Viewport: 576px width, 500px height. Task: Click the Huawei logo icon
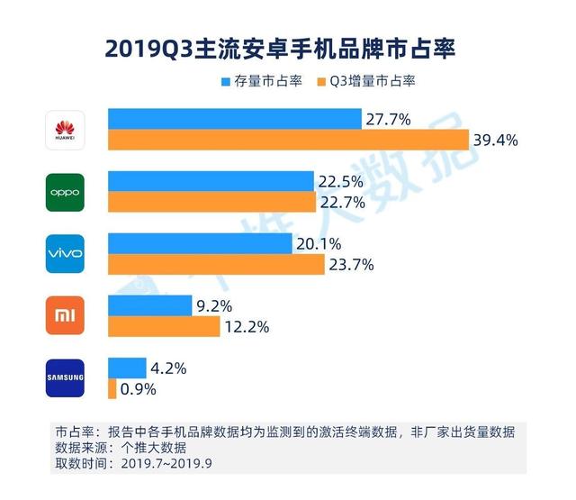click(x=65, y=130)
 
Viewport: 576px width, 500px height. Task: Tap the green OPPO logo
click(x=65, y=191)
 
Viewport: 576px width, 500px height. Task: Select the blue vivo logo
click(x=65, y=253)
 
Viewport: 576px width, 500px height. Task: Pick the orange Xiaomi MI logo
click(x=65, y=315)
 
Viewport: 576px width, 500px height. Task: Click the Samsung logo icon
click(x=65, y=377)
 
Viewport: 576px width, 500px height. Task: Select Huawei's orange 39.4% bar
click(x=288, y=141)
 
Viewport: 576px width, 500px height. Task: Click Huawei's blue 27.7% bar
click(x=234, y=119)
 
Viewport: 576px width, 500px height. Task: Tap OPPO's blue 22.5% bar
click(x=211, y=181)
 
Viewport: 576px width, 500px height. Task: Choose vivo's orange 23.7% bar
click(x=216, y=265)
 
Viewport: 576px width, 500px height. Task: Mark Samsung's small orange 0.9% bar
click(x=112, y=389)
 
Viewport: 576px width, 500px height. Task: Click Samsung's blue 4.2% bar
click(x=127, y=368)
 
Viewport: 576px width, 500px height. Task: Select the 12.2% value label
click(x=246, y=327)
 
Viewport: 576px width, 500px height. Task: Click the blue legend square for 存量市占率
click(x=226, y=81)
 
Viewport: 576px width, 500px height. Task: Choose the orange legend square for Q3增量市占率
click(x=321, y=81)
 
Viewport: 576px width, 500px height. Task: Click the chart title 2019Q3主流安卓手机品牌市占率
click(x=288, y=47)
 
